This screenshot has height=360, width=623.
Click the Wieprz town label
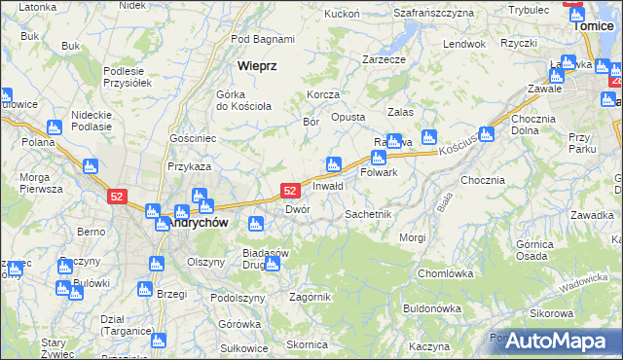[258, 66]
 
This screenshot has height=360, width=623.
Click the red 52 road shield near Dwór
[289, 192]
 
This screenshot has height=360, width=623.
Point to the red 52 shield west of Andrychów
[117, 196]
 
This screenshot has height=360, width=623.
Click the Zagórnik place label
[311, 297]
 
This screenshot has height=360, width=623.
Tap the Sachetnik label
[368, 213]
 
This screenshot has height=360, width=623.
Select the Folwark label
[379, 172]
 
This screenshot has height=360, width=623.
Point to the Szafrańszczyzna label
[433, 13]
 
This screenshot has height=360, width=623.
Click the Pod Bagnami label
[263, 39]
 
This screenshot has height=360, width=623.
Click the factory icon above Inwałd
[334, 163]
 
